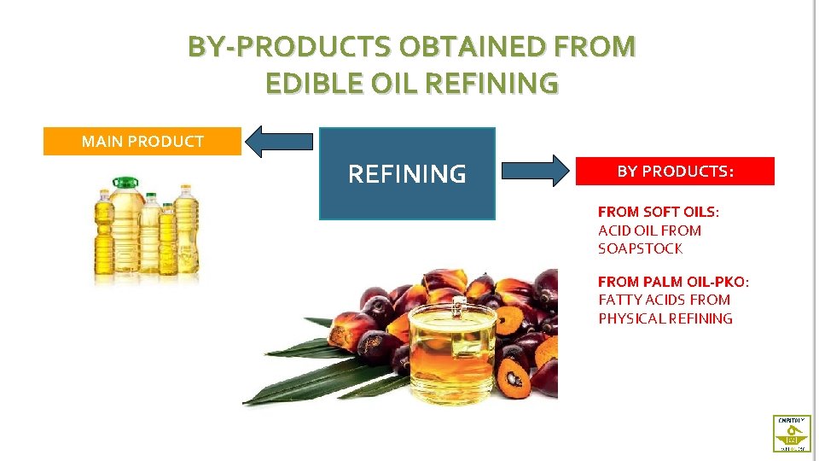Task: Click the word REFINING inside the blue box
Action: tap(407, 174)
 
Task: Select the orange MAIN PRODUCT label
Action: tap(142, 141)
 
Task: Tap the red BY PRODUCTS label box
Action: tap(675, 171)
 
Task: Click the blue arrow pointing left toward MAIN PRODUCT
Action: tap(278, 141)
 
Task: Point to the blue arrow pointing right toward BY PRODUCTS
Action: tap(536, 171)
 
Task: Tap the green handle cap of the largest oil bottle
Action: tap(126, 181)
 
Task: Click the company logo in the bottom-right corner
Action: tap(791, 433)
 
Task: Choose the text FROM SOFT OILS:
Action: tap(658, 211)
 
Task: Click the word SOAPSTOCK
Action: tap(640, 248)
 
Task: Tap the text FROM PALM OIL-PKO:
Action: tap(673, 281)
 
